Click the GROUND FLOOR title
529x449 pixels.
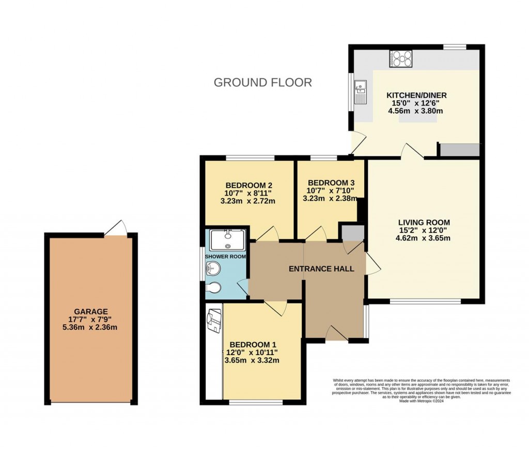coord(262,83)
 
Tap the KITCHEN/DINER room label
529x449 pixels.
coord(416,95)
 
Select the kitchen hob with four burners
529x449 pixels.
coord(401,59)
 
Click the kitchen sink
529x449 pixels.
coord(360,88)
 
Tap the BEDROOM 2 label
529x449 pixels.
coord(248,185)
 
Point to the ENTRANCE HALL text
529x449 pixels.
coord(321,269)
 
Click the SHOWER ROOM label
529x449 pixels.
coord(225,256)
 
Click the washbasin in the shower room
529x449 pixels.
coord(212,268)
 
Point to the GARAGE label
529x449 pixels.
coord(90,311)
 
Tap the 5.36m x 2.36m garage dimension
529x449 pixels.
coord(90,327)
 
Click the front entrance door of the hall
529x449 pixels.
coord(336,334)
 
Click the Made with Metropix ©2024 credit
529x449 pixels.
coord(422,400)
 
